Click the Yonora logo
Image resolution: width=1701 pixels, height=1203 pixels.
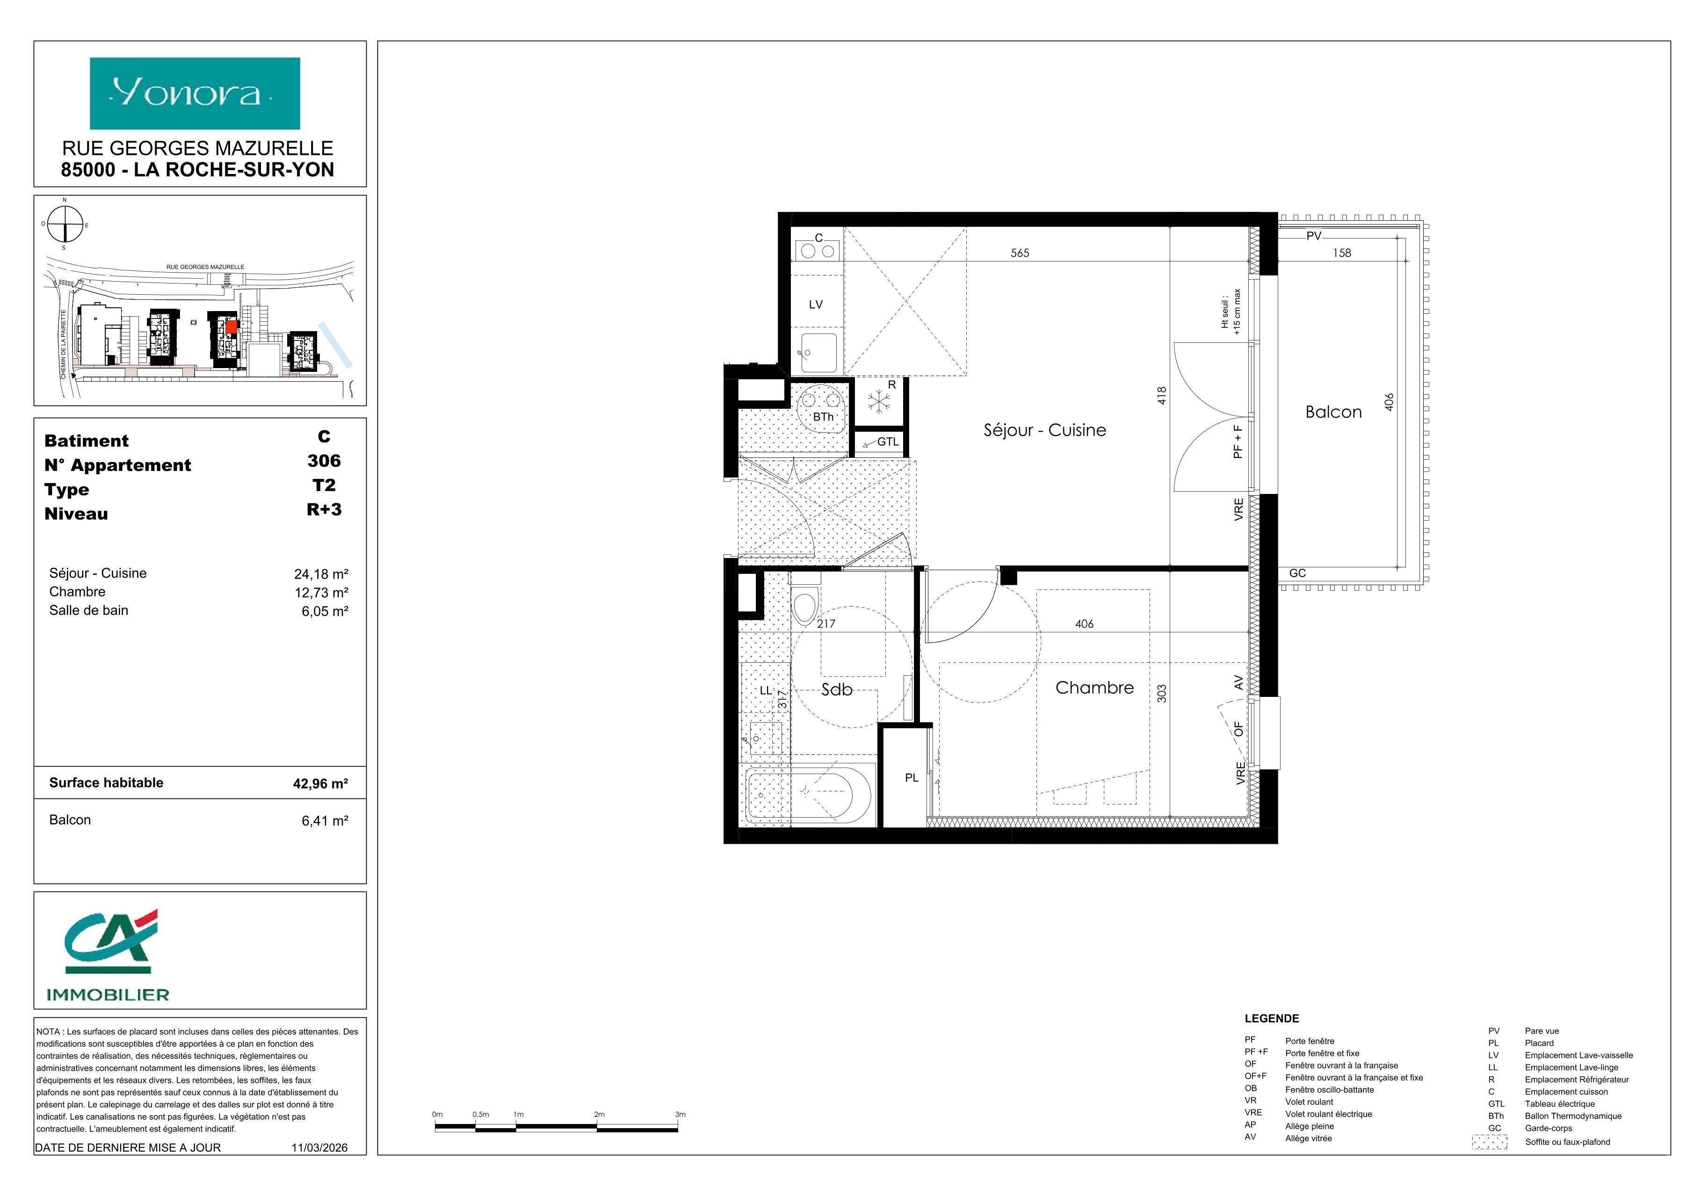195,94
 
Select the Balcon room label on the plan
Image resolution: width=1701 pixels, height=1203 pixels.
1333,412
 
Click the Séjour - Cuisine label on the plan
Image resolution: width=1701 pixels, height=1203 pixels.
1045,430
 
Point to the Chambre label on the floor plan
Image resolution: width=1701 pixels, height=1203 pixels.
1094,688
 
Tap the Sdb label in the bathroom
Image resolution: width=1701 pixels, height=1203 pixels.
837,689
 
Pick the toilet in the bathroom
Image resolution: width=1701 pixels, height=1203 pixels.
804,605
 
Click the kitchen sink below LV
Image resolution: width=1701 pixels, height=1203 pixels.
818,353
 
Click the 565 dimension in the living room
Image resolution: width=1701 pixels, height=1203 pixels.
1020,253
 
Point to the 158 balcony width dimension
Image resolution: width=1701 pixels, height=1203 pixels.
1342,253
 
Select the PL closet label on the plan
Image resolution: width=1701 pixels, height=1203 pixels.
911,778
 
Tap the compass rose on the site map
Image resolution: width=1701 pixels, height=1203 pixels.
65,224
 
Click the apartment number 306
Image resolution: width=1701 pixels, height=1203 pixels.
324,461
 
